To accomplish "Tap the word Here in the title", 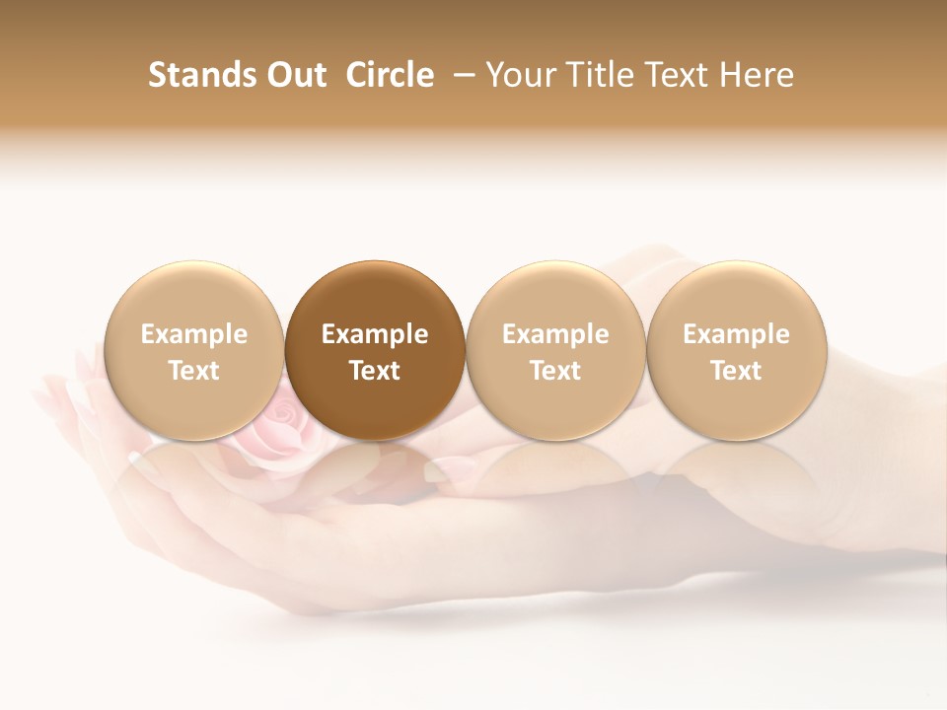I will pyautogui.click(x=757, y=75).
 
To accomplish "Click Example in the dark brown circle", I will pyautogui.click(x=375, y=334).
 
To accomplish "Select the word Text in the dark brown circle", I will pyautogui.click(x=375, y=371).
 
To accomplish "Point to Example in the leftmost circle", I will pyautogui.click(x=194, y=334).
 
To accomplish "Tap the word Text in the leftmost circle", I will pyautogui.click(x=194, y=371).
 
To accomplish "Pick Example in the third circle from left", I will pyautogui.click(x=555, y=334).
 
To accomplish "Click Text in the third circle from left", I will pyautogui.click(x=555, y=371).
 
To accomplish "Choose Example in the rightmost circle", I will pyautogui.click(x=736, y=334).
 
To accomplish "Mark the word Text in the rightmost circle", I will pyautogui.click(x=736, y=371).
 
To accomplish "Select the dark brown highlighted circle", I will pyautogui.click(x=375, y=296).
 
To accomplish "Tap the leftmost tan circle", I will pyautogui.click(x=194, y=296).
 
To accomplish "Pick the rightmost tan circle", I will pyautogui.click(x=736, y=296).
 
